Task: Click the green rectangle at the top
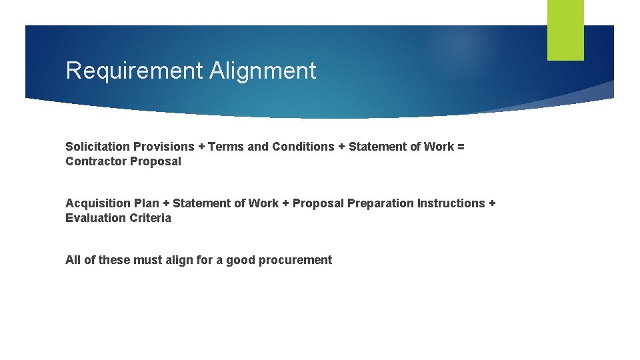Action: (x=565, y=29)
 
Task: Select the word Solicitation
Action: (x=97, y=147)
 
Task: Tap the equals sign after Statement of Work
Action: (x=460, y=147)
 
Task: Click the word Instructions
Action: (x=451, y=203)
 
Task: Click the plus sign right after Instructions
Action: (x=492, y=203)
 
